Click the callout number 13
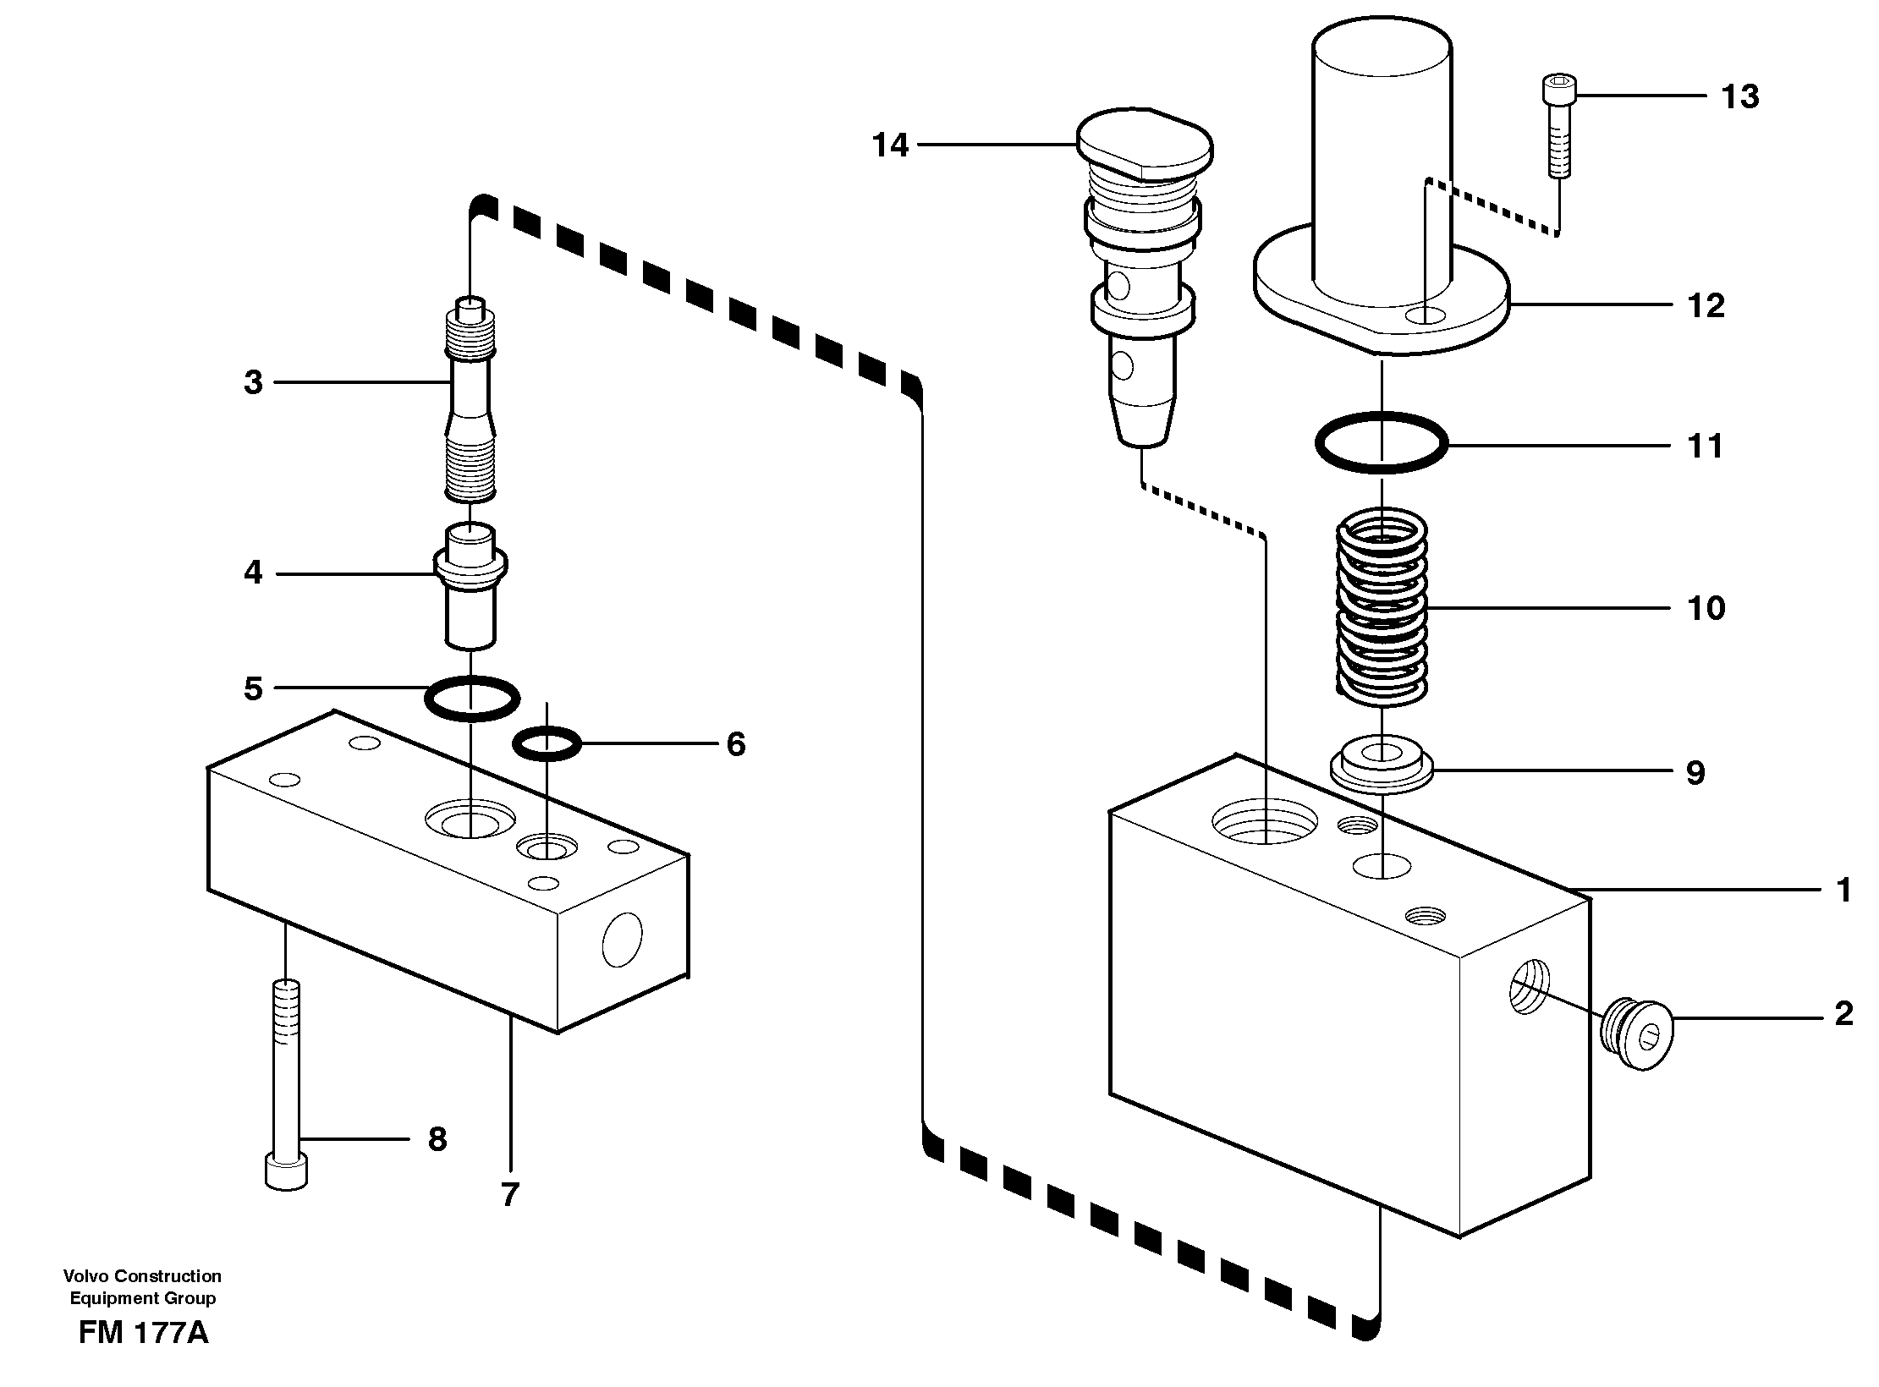tap(1740, 97)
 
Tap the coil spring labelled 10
tap(1381, 611)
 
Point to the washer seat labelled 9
tap(1381, 765)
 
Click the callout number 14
tap(890, 146)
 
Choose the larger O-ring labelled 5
tap(471, 699)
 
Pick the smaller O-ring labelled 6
tap(547, 743)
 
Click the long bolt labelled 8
tap(287, 1091)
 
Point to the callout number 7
tap(509, 1195)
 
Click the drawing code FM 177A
tap(143, 1334)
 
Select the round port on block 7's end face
tap(622, 939)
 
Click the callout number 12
tap(1705, 306)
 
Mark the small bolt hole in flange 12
tap(1425, 316)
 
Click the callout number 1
tap(1843, 890)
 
